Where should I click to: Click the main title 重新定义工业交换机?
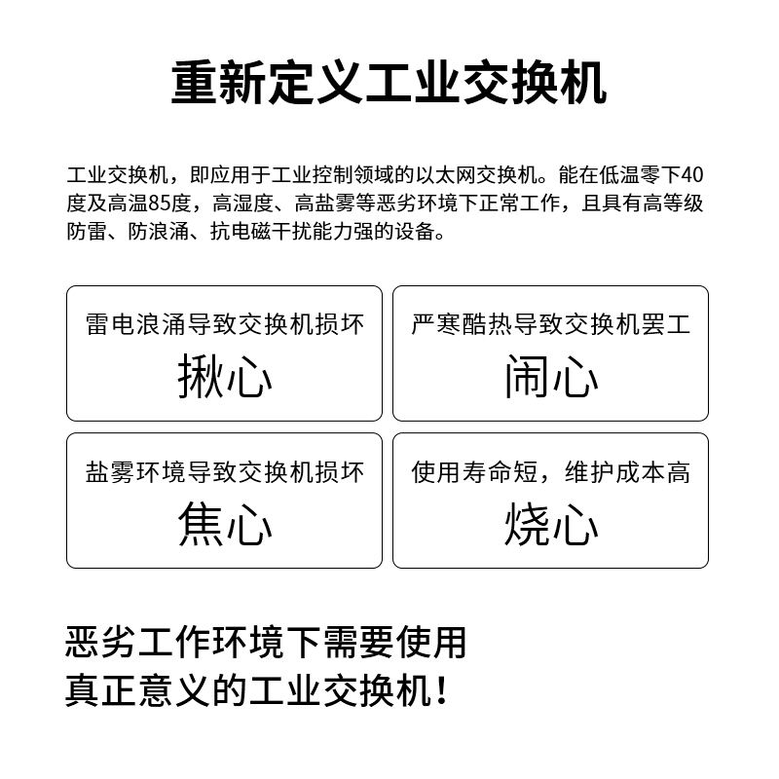coord(389,83)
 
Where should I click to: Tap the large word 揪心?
coord(225,377)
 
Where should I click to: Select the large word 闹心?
coord(551,377)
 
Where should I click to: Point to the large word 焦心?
coord(225,524)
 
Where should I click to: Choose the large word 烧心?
coord(551,524)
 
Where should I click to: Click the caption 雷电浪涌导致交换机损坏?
coord(225,324)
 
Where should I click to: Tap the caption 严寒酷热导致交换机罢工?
coord(551,324)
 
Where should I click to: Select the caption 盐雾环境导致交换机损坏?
coord(225,471)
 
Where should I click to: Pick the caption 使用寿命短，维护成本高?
coord(551,471)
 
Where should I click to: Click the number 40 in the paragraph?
coord(692,175)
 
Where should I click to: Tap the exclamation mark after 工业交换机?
coord(441,691)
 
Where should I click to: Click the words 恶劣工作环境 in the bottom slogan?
coord(175,643)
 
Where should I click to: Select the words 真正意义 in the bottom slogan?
coord(138,690)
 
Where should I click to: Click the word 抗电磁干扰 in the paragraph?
coord(261,232)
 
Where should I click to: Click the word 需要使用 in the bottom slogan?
coord(394,643)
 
